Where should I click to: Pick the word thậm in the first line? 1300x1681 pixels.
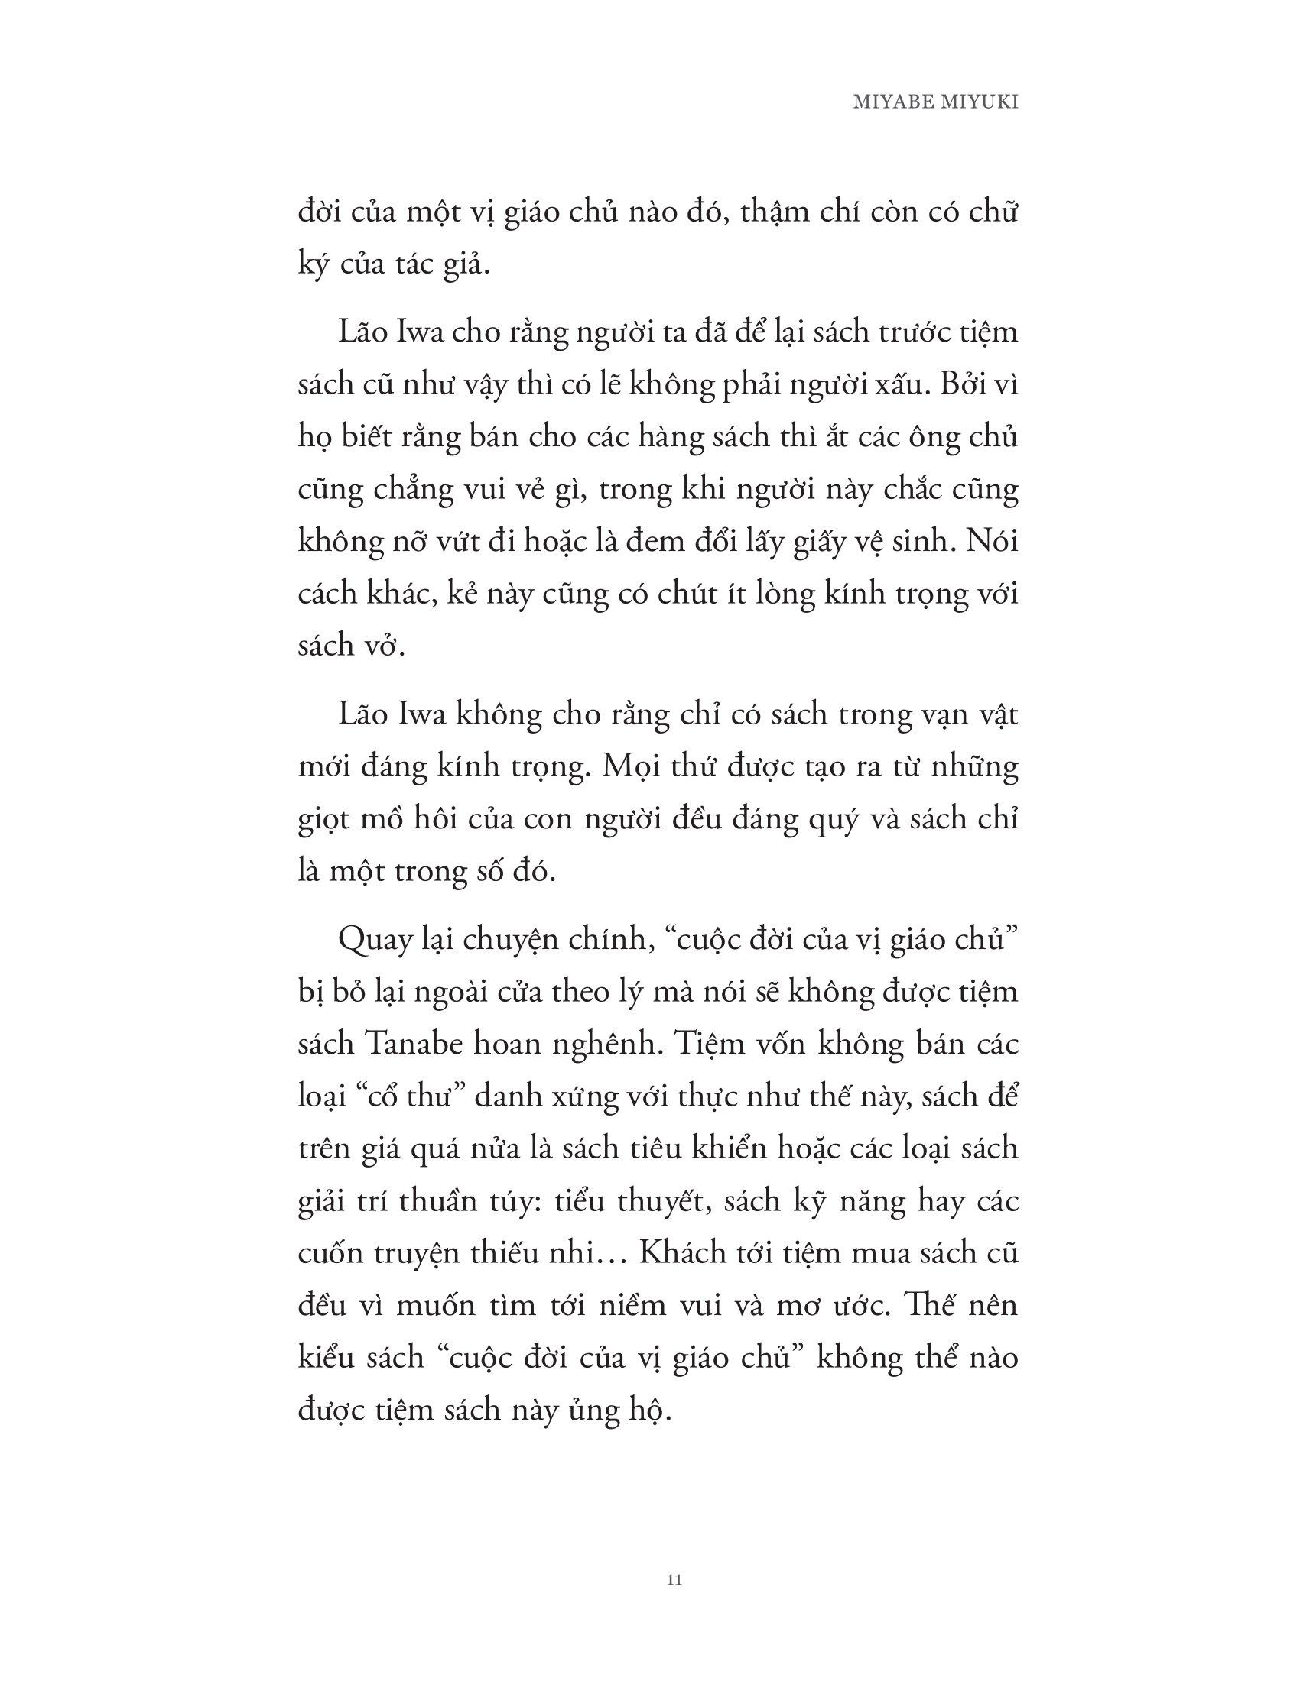(778, 212)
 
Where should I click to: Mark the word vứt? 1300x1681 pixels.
(449, 542)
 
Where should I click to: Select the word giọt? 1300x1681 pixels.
(323, 820)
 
